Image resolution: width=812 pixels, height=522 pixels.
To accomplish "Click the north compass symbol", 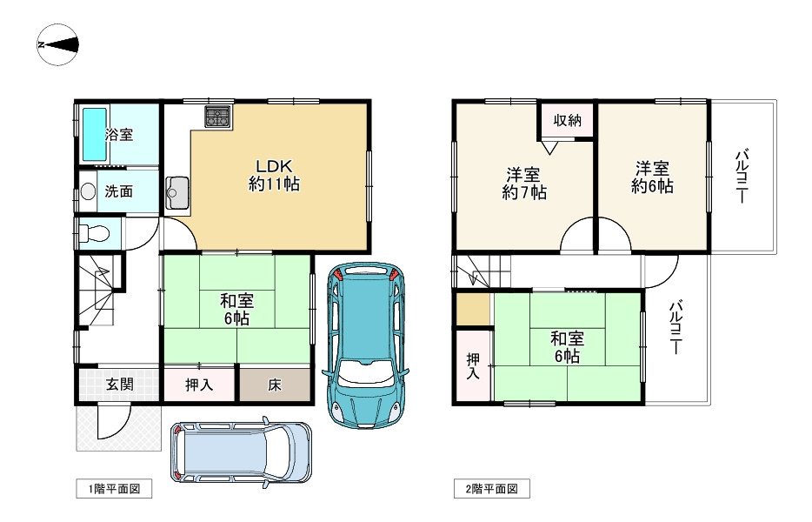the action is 57,44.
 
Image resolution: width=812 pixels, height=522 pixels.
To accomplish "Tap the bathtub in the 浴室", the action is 95,134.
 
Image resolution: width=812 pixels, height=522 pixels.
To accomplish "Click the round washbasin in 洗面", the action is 89,191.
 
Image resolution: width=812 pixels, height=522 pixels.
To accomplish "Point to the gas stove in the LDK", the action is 218,117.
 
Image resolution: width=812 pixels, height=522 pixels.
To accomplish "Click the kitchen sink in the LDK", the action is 177,193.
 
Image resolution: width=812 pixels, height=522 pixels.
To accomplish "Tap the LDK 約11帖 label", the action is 274,175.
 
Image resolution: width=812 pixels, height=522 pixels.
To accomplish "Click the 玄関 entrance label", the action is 120,385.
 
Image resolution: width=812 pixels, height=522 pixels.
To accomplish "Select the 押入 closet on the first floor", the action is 200,384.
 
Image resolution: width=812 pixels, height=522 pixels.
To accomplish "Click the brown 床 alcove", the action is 275,385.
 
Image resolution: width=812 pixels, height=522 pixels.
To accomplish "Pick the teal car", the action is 366,345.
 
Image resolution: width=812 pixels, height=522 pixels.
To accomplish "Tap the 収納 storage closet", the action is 567,121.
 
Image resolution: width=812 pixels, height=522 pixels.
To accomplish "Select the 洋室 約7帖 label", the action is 524,183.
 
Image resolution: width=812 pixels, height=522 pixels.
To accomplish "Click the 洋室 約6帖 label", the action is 653,177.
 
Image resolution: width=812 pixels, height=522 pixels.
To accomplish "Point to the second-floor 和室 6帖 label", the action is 567,347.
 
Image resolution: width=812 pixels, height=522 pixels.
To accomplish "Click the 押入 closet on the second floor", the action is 473,365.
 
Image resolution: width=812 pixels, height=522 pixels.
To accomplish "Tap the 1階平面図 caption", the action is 114,488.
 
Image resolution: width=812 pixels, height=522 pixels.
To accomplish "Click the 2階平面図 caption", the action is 492,488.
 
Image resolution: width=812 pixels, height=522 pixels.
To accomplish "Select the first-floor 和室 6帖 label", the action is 237,309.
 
